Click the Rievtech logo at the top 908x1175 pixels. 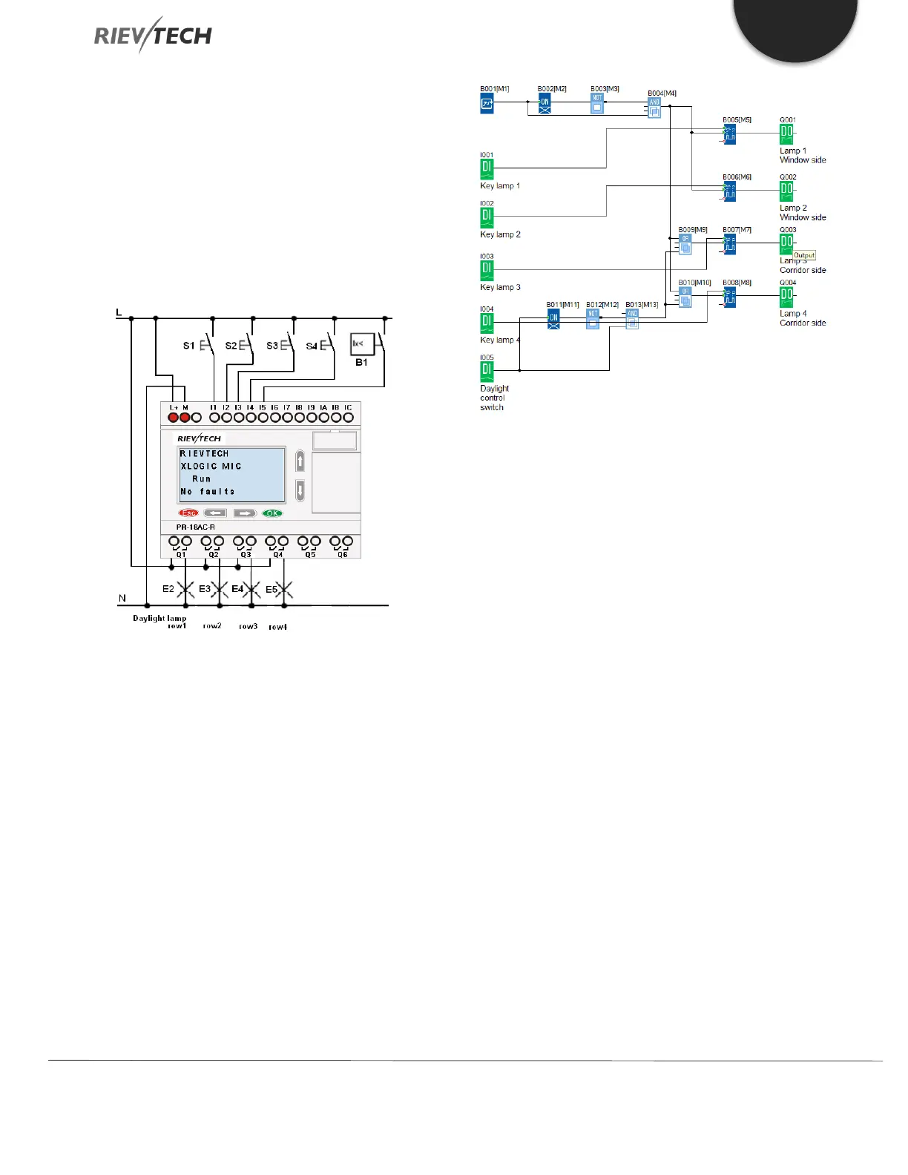pyautogui.click(x=153, y=36)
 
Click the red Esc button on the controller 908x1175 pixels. pyautogui.click(x=188, y=513)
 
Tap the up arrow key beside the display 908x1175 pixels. pyautogui.click(x=300, y=461)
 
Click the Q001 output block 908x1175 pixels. pyautogui.click(x=786, y=134)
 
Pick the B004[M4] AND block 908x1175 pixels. pyautogui.click(x=654, y=108)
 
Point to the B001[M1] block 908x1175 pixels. pyautogui.click(x=487, y=103)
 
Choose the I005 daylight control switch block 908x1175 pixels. pyautogui.click(x=487, y=370)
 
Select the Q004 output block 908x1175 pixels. pyautogui.click(x=786, y=297)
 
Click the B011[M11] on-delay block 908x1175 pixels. pyautogui.click(x=553, y=319)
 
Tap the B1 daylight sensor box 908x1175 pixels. pyautogui.click(x=362, y=344)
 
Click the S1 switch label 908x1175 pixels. pyautogui.click(x=188, y=346)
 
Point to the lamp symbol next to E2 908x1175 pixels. pyautogui.click(x=185, y=590)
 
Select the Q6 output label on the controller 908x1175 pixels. pyautogui.click(x=342, y=555)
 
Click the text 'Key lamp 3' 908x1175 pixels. pyautogui.click(x=500, y=287)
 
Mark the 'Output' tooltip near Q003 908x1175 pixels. pyautogui.click(x=804, y=255)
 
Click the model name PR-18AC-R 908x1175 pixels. pyautogui.click(x=195, y=527)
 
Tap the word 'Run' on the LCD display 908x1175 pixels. pyautogui.click(x=201, y=479)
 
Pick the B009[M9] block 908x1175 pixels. pyautogui.click(x=685, y=244)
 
